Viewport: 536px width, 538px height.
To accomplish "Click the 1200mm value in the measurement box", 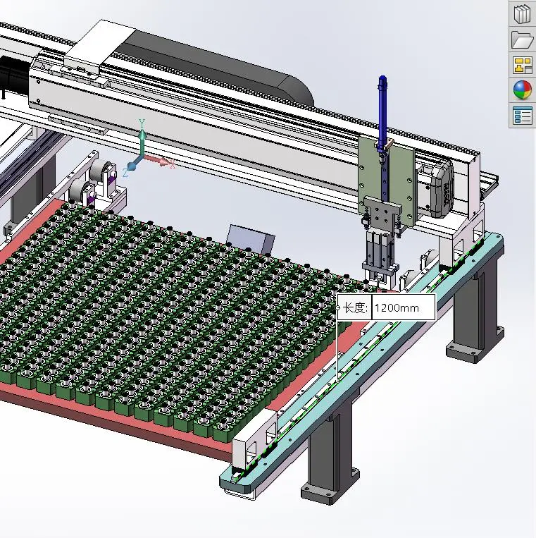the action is point(397,307).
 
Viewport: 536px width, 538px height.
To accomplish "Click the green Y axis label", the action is point(142,123).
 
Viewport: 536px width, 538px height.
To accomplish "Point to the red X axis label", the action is point(172,164).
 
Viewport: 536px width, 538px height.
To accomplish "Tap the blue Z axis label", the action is point(125,173).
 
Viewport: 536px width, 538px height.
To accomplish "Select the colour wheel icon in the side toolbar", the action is point(522,90).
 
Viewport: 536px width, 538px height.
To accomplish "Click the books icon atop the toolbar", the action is point(522,13).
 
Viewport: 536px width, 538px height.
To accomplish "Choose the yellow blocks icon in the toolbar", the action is point(523,65).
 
